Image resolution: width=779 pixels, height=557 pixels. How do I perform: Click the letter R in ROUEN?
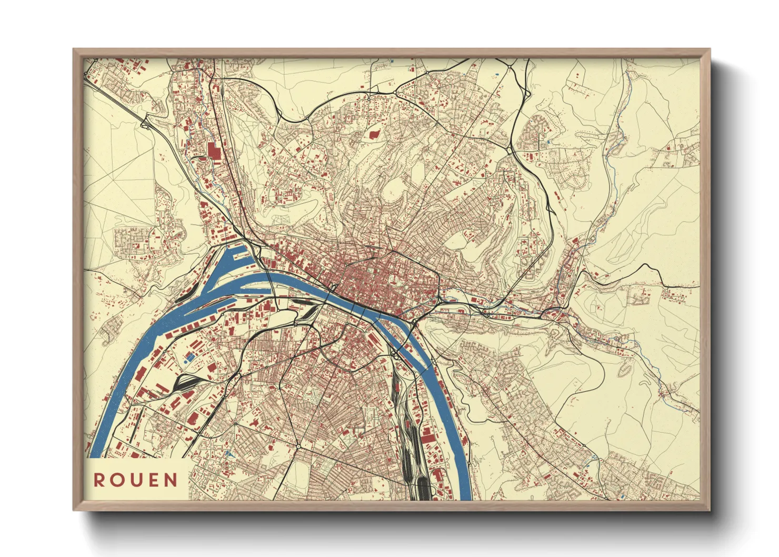(98, 480)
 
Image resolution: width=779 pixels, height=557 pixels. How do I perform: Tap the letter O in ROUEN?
(117, 480)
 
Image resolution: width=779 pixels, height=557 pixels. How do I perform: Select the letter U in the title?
(136, 480)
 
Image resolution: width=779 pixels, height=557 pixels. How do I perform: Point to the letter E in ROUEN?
(153, 480)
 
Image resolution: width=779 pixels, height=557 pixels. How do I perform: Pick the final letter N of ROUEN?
(171, 480)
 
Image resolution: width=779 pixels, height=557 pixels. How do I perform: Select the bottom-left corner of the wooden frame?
(74, 510)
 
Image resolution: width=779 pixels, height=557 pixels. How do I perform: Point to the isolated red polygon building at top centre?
(374, 134)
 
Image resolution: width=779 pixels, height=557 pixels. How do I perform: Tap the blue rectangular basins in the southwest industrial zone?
(188, 357)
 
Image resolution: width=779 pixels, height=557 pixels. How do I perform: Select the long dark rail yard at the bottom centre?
(413, 447)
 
